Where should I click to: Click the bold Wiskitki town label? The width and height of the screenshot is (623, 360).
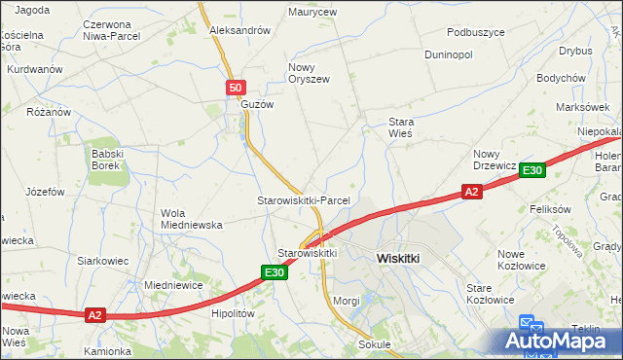tap(397, 259)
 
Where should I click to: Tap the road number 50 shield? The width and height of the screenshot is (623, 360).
tap(236, 88)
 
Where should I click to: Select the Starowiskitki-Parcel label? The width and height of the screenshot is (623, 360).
tap(303, 200)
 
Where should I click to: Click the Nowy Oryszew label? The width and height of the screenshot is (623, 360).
tap(309, 73)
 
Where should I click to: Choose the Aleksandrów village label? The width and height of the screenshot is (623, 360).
tap(239, 30)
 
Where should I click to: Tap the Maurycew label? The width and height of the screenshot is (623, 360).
tap(312, 13)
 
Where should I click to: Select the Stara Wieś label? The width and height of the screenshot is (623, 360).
tap(401, 127)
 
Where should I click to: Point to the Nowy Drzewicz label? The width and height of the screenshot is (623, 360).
tap(495, 160)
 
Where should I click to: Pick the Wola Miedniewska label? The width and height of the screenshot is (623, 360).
tap(192, 219)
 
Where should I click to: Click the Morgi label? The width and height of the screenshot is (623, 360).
tap(347, 301)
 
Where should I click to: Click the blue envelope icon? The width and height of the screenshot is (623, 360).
tap(527, 324)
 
